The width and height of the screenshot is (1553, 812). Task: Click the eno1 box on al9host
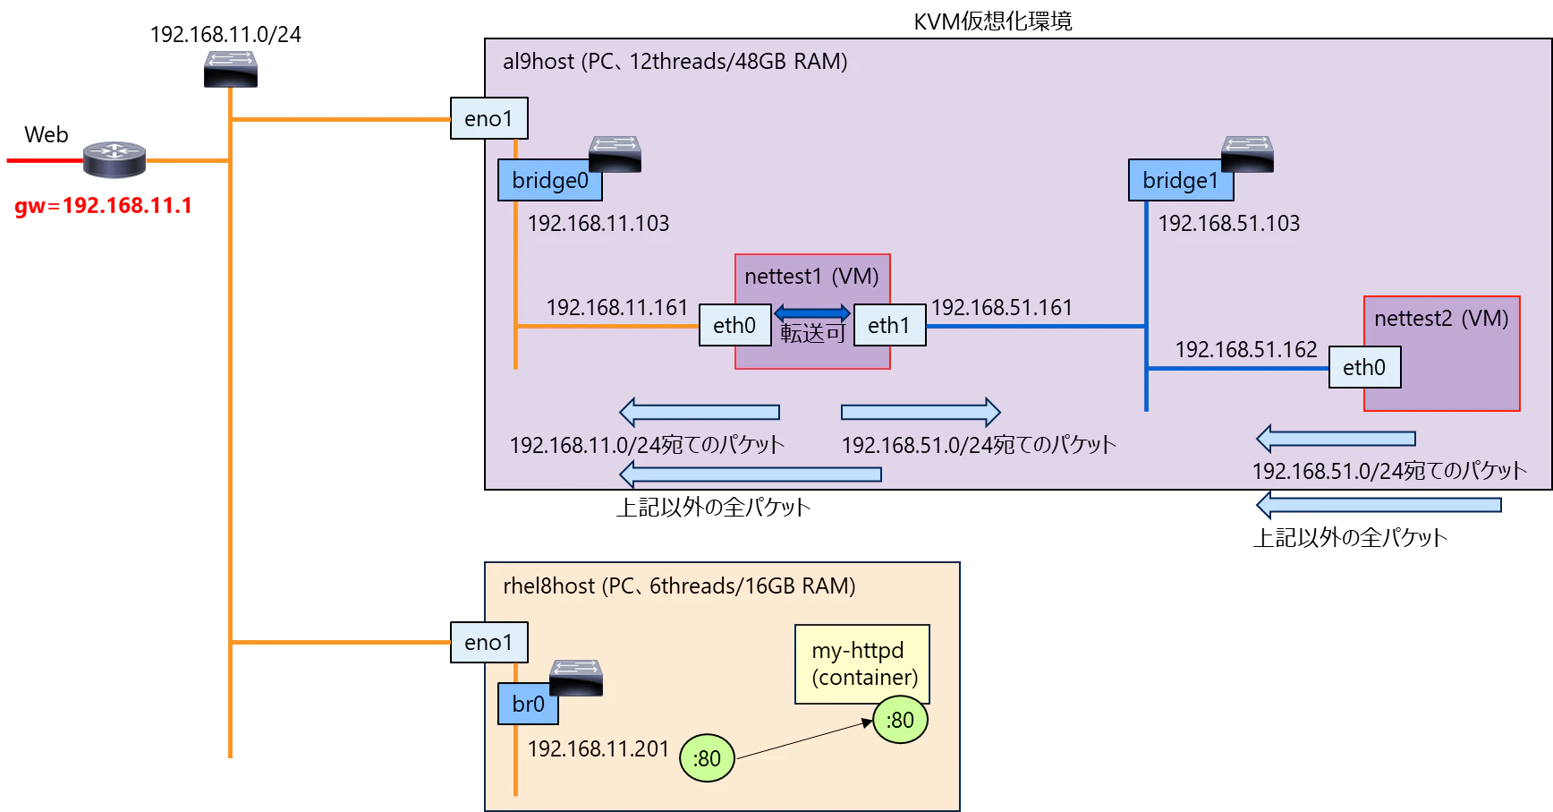pyautogui.click(x=488, y=118)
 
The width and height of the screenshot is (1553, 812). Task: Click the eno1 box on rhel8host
pyautogui.click(x=488, y=642)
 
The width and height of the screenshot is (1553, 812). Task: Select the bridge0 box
pyautogui.click(x=550, y=180)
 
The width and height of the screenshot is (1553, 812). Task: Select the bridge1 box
pyautogui.click(x=1181, y=180)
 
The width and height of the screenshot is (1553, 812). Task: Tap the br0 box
pyautogui.click(x=528, y=704)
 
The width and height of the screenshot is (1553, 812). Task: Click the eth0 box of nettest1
pyautogui.click(x=734, y=325)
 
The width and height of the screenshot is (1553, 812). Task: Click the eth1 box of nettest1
pyautogui.click(x=889, y=325)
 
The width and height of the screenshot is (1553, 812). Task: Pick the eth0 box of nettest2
pyautogui.click(x=1364, y=367)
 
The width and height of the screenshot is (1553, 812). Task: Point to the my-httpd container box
pyautogui.click(x=862, y=663)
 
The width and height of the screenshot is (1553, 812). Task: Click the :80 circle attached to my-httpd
pyautogui.click(x=900, y=720)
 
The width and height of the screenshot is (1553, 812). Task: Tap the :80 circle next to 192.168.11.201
pyautogui.click(x=707, y=758)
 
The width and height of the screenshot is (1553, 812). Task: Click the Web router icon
pyautogui.click(x=115, y=160)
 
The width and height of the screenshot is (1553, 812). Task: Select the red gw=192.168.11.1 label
pyautogui.click(x=104, y=206)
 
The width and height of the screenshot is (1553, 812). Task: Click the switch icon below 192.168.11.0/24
pyautogui.click(x=231, y=69)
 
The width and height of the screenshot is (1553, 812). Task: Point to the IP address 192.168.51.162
pyautogui.click(x=1246, y=349)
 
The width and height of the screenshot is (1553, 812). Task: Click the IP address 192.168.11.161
pyautogui.click(x=617, y=307)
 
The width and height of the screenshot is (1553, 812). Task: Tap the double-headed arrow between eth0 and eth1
pyautogui.click(x=812, y=312)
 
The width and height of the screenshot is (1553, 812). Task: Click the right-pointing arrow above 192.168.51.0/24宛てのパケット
pyautogui.click(x=921, y=412)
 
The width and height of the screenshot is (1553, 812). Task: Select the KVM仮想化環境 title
pyautogui.click(x=993, y=21)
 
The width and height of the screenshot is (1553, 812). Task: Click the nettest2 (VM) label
pyautogui.click(x=1441, y=319)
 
